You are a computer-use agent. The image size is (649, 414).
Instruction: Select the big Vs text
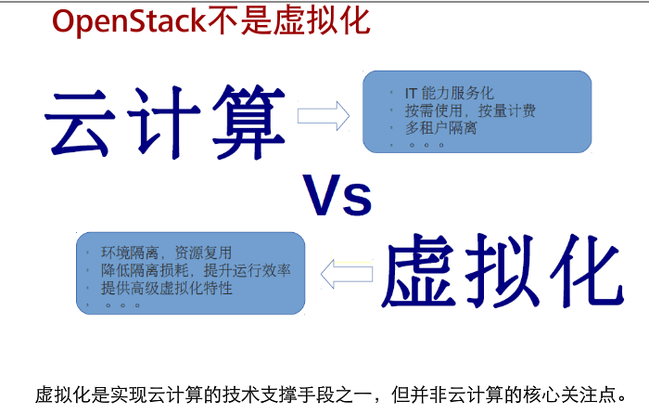point(337,196)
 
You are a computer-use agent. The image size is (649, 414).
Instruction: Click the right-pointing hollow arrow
point(322,115)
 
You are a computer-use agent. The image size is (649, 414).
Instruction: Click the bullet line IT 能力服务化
point(449,93)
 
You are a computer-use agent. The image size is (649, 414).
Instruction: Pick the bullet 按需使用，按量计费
point(470,110)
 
